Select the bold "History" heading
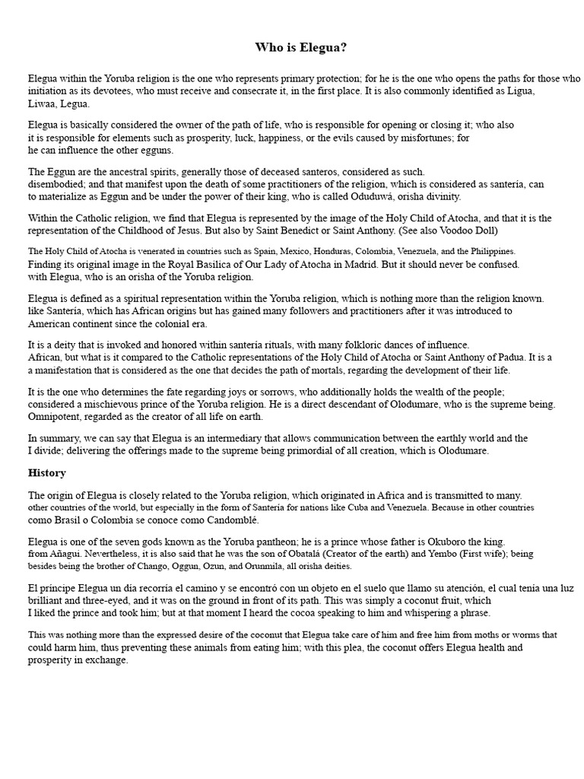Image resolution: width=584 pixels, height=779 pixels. [47, 472]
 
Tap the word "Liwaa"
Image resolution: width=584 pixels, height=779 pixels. [42, 103]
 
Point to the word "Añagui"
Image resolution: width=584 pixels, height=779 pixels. [71, 554]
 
